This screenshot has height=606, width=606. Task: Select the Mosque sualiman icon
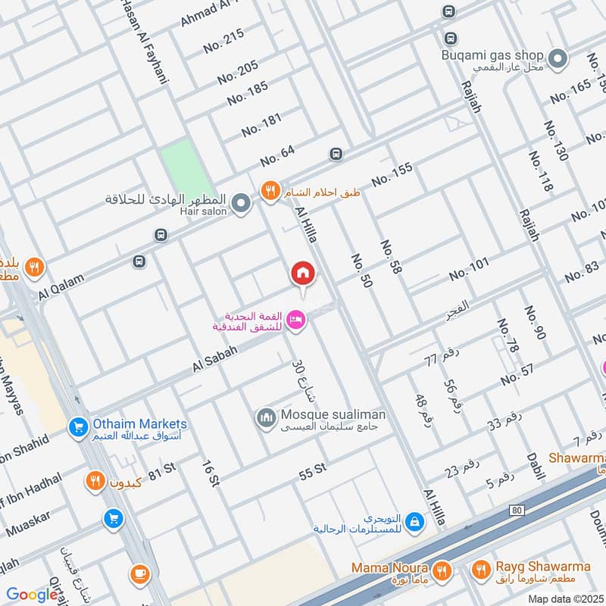(266, 417)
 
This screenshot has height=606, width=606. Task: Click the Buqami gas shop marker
(558, 58)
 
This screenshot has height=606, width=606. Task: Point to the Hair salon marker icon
(241, 203)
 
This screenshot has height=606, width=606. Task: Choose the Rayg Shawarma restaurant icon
(480, 569)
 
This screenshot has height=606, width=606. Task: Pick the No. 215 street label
(224, 41)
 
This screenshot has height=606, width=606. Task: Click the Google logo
(32, 595)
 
